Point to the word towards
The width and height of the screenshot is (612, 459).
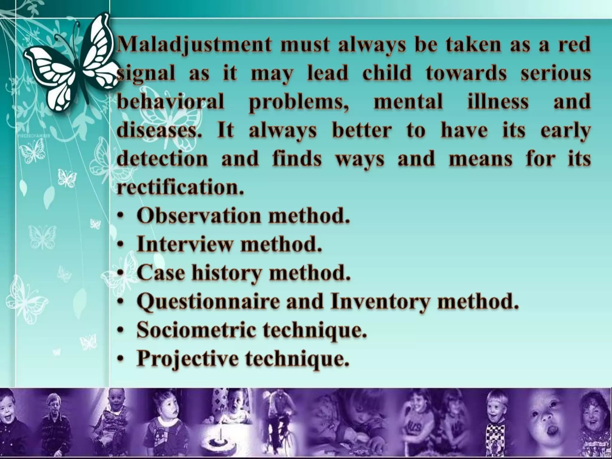point(466,74)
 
